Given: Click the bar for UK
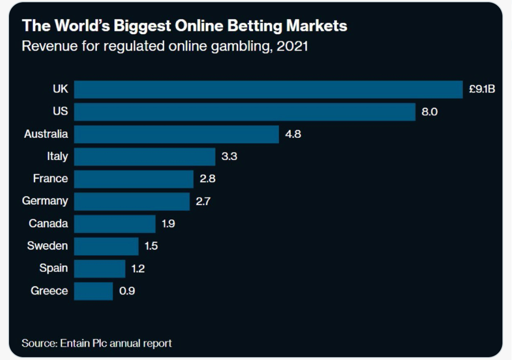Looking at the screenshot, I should coord(268,90).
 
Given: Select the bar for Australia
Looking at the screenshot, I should coord(176,134).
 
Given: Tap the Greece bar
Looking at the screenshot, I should coord(93,291).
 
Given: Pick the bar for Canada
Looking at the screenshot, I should coord(115,224).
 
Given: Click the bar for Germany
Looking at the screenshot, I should coord(132,201).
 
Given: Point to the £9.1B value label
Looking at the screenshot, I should coord(482,90).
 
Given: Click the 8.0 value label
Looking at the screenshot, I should coord(429,112).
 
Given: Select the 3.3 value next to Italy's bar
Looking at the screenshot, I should coord(229,157).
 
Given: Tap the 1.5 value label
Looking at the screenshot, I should coord(151,246).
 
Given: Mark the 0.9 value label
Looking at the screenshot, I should coord(127,291).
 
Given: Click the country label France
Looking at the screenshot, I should coord(50,179).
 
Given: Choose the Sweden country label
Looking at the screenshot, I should coord(47,246).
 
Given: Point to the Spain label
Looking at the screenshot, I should coord(54,268).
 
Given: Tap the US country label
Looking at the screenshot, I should coord(60,111).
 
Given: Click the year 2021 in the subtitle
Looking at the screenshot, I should coord(292,46).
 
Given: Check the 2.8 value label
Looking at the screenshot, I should coord(207,179).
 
